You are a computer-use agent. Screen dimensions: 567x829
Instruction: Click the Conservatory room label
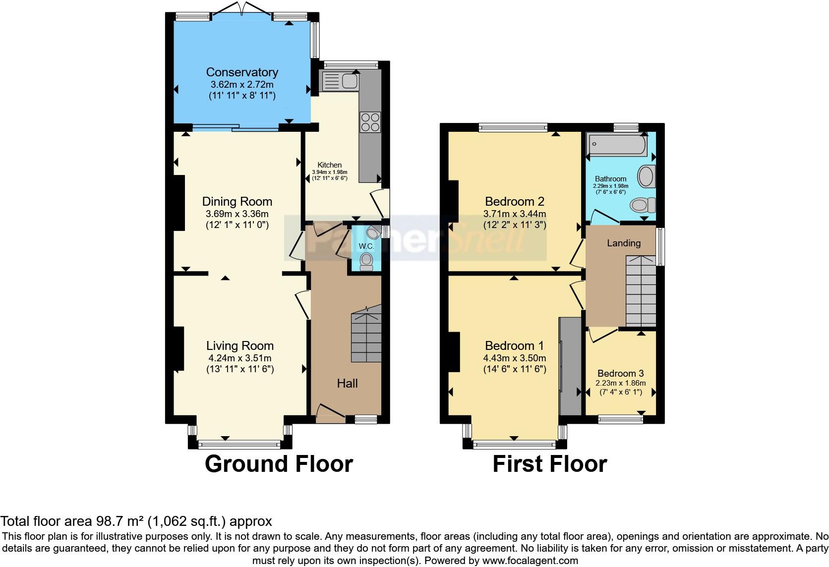point(242,72)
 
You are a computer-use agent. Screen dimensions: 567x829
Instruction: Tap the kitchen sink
point(340,81)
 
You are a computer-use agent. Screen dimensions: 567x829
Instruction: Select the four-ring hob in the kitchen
point(370,122)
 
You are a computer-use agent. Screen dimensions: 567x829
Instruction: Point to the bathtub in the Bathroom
point(616,144)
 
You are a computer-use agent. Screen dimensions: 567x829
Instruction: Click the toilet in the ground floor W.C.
point(366,261)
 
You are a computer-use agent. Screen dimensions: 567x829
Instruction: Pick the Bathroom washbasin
point(646,176)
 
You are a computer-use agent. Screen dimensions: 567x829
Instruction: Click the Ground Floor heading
point(279,464)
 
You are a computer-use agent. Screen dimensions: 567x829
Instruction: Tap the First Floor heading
point(549,464)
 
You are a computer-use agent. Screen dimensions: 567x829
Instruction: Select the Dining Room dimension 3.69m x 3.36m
point(237,214)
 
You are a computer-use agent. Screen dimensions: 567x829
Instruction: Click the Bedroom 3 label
point(620,374)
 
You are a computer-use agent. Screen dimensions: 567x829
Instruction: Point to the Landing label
point(624,243)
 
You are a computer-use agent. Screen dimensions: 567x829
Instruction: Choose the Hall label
point(347,383)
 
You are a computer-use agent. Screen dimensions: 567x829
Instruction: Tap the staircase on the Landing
point(641,290)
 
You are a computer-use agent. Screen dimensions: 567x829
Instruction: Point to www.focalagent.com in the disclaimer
point(529,561)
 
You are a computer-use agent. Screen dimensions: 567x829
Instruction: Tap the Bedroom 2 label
point(515,201)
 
